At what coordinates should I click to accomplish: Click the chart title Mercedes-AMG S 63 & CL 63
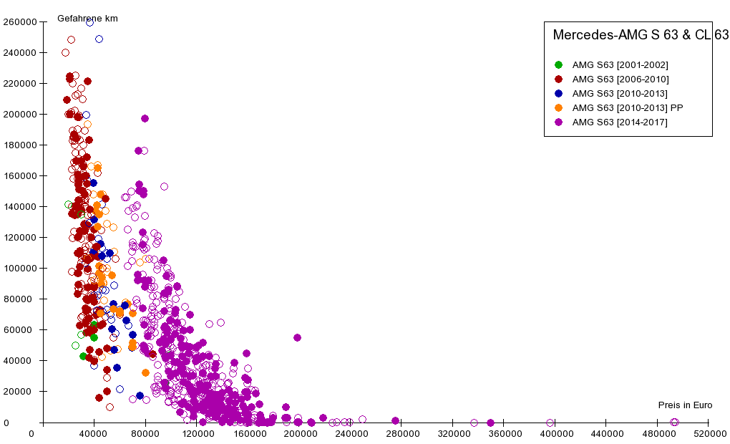pos(641,35)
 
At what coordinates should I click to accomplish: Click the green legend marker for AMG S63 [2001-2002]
pos(559,65)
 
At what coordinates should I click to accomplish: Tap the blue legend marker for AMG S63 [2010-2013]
pos(559,94)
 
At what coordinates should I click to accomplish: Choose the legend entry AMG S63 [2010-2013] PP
pos(628,108)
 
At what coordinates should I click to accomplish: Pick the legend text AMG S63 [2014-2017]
pos(620,122)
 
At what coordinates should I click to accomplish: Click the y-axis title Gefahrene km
pos(87,18)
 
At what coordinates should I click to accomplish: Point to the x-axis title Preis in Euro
pos(685,405)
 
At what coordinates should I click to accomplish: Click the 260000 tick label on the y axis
pos(19,22)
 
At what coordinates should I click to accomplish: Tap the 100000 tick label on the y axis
pos(19,269)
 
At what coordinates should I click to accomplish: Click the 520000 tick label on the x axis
pos(709,433)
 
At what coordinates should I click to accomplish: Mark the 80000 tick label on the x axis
pos(145,433)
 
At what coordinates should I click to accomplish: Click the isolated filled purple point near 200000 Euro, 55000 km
pos(297,337)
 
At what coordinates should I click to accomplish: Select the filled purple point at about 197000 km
pos(145,118)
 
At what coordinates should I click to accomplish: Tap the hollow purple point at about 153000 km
pos(164,186)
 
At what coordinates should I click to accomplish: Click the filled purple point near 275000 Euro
pos(395,420)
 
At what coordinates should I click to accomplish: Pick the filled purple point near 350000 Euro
pos(490,423)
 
